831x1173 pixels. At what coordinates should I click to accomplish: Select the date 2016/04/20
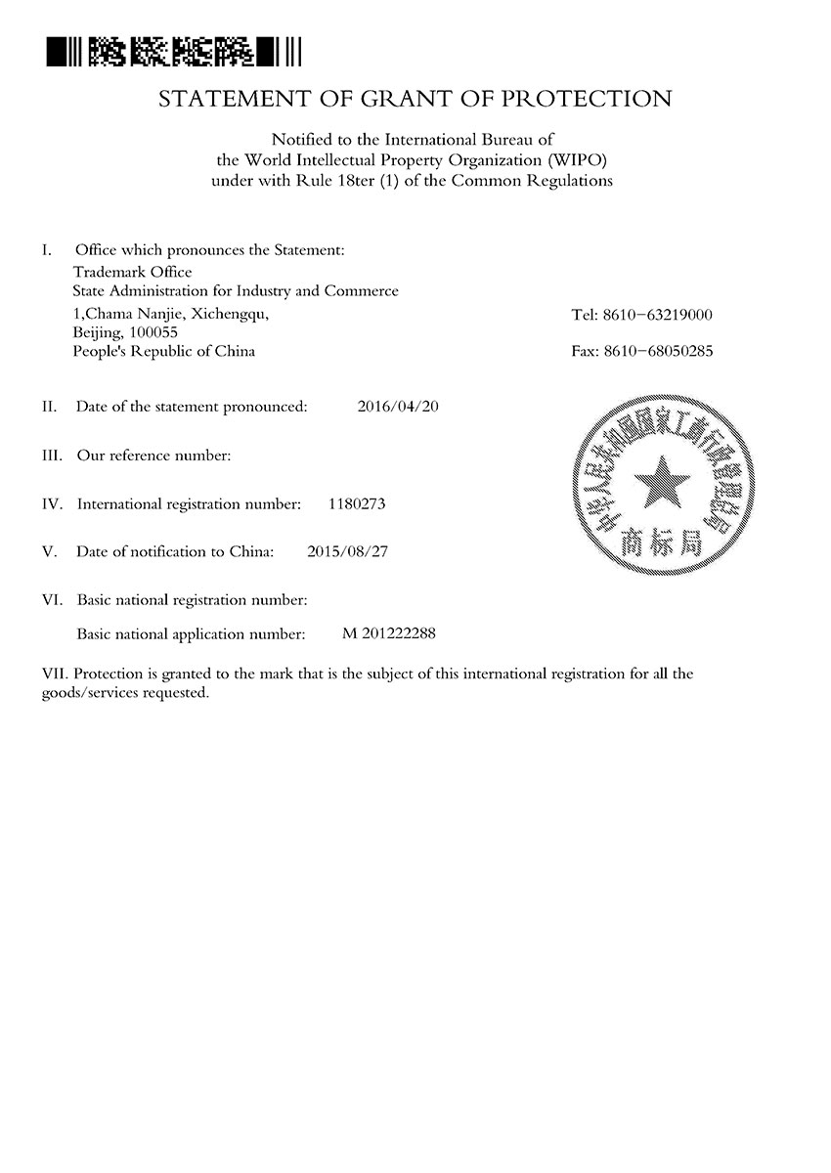399,406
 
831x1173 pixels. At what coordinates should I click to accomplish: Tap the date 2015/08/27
347,551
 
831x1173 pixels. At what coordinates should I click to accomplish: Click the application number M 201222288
389,633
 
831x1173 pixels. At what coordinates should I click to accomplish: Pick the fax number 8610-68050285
666,351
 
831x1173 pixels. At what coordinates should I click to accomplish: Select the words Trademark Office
133,272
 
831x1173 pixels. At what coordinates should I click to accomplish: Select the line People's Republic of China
164,351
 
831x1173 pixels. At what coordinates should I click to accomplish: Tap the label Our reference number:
153,456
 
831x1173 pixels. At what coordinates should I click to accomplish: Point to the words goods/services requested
124,692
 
